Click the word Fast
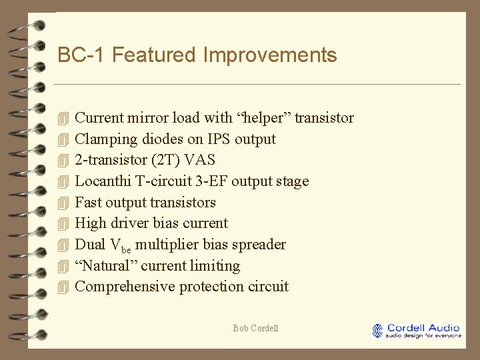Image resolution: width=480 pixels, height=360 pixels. point(88,203)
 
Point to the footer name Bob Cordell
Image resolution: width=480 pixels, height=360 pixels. point(255,328)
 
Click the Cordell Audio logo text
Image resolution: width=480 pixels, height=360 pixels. point(423,328)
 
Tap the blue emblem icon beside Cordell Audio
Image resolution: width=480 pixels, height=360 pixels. point(379,330)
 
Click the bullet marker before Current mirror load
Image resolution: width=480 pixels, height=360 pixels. point(63,119)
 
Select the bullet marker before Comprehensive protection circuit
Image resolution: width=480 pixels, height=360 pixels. point(63,287)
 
